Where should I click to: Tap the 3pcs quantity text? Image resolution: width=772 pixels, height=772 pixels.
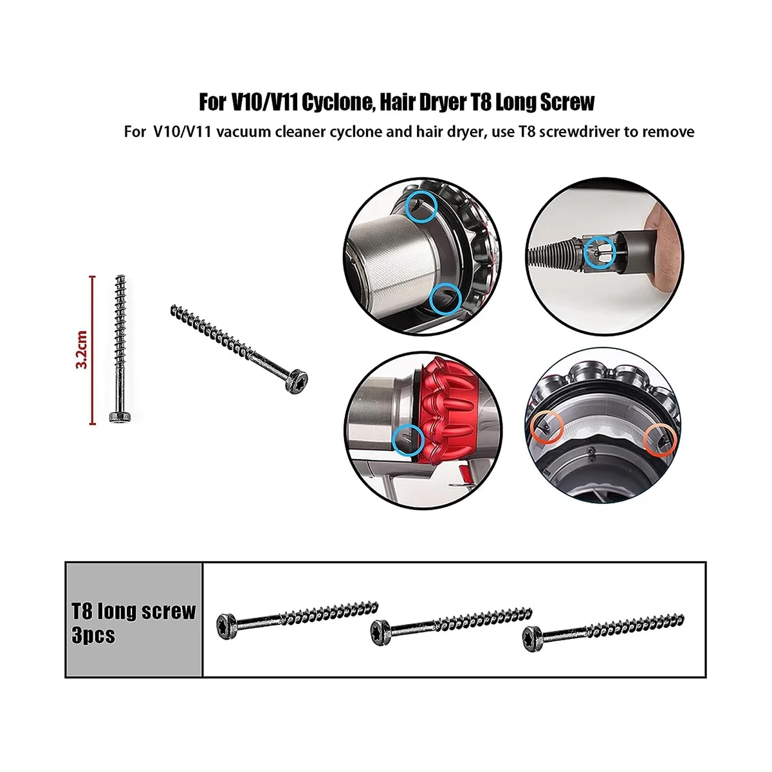pyautogui.click(x=94, y=635)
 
